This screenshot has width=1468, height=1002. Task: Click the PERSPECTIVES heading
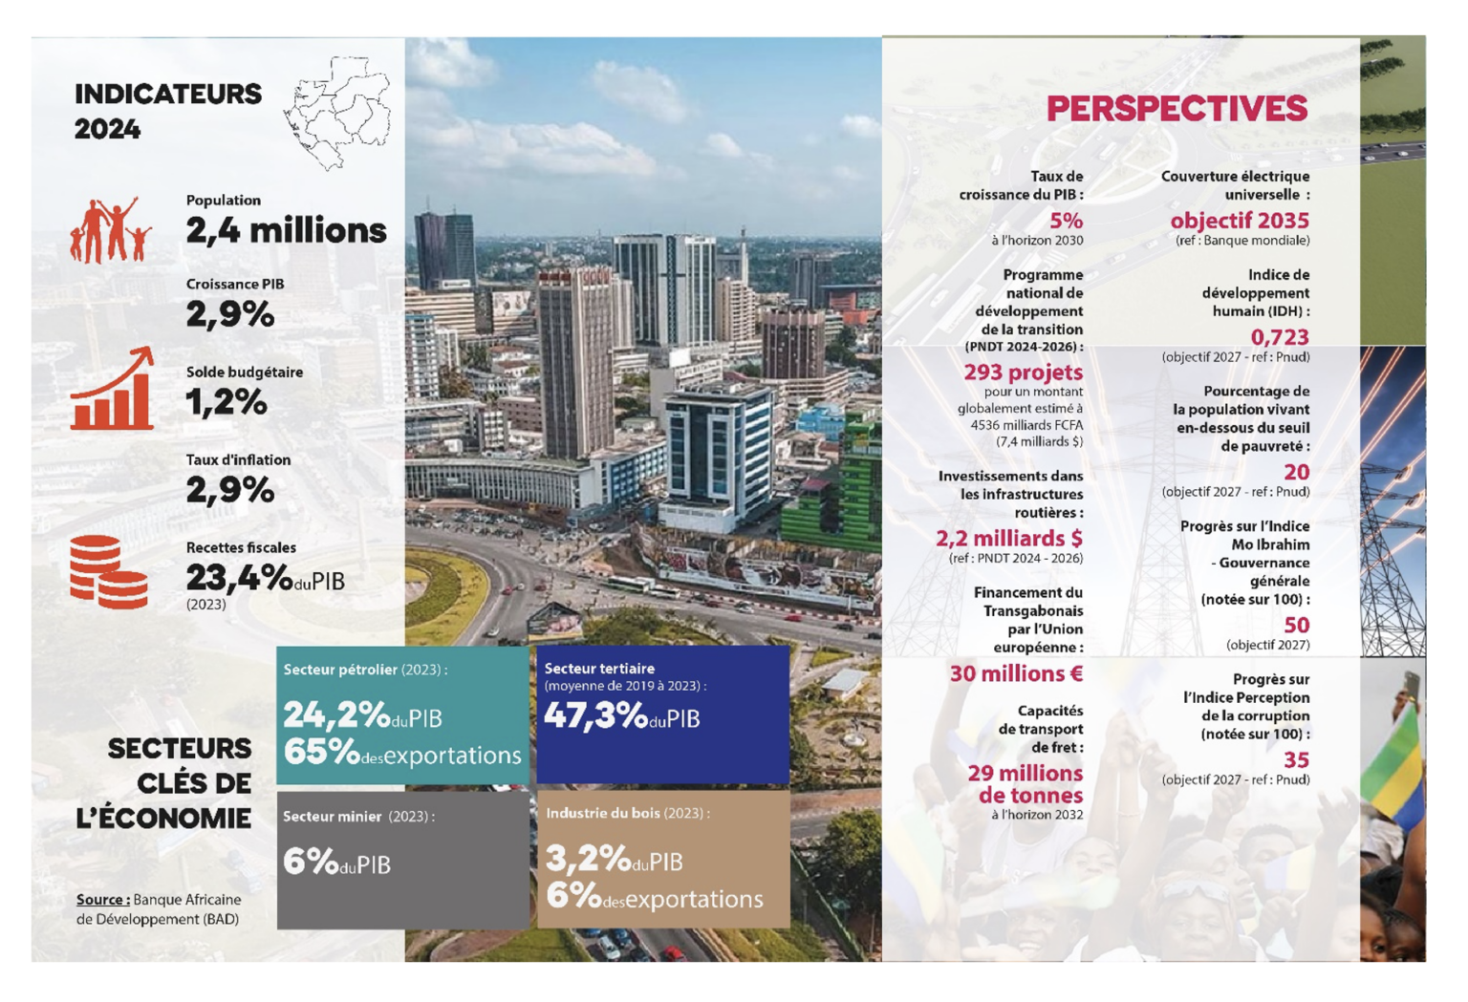click(x=1176, y=109)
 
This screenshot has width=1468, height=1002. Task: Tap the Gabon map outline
click(x=338, y=113)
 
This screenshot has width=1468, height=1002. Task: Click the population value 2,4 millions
click(x=286, y=230)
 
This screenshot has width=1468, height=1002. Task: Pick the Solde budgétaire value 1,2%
click(x=226, y=402)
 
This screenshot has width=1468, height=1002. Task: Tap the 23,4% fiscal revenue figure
click(x=239, y=577)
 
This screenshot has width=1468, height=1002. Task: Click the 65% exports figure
click(x=320, y=753)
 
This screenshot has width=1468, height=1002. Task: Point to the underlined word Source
click(x=102, y=899)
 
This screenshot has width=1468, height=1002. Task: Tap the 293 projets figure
click(x=1023, y=372)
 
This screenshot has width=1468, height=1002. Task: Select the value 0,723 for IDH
click(x=1279, y=337)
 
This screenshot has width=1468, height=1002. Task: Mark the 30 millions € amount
click(x=1015, y=673)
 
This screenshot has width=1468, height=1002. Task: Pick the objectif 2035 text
click(x=1239, y=221)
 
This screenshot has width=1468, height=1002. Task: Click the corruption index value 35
click(x=1295, y=759)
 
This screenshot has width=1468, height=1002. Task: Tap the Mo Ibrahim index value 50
click(x=1295, y=625)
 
